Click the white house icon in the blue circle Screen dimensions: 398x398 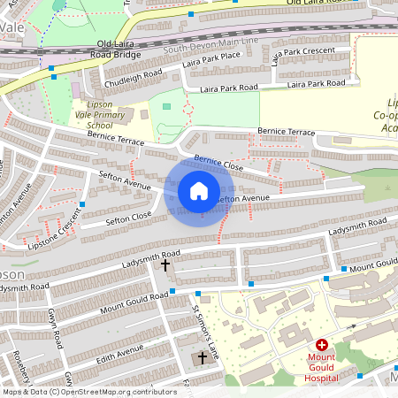[199, 191]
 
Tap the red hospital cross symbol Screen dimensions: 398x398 [322, 345]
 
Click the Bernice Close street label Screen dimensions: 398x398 [218, 164]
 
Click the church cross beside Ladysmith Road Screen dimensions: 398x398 [165, 264]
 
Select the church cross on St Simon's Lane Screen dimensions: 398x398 [202, 357]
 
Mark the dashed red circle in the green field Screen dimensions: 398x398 [187, 111]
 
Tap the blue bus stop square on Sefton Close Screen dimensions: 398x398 [81, 205]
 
